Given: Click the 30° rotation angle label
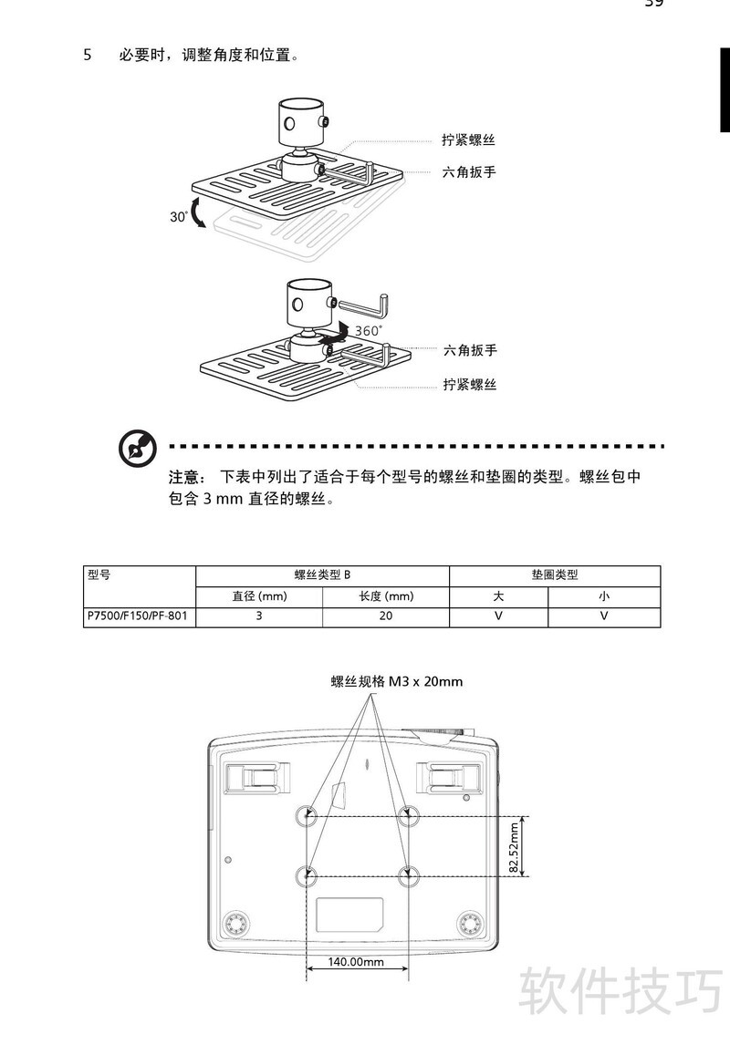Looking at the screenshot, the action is pos(178,217).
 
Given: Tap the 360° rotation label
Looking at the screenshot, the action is pos(369,331).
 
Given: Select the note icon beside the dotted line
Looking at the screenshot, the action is pos(138,448).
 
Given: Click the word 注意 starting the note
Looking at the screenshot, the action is pos(184,477).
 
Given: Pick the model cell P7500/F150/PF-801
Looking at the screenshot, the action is pos(138,616).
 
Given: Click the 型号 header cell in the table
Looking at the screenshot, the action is pos(99,574).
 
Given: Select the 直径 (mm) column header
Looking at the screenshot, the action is pos(259,596).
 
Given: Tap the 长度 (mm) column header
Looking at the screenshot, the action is pos(386,596).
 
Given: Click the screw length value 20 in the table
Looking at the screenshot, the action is pos(386,616).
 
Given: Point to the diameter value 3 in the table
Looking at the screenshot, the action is pos(259,616).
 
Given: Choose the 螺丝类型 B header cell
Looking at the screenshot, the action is pos(323,575).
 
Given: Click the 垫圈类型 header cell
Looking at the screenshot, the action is pos(555,575).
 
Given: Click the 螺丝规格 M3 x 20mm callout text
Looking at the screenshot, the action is pos(397,682).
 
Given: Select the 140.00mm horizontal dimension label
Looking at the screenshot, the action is pos(356,962).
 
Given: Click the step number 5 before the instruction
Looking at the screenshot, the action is pos(88,56).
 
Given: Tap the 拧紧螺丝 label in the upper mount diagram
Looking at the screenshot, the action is pos(468,140).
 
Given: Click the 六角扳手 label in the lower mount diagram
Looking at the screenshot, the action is pos(470,350).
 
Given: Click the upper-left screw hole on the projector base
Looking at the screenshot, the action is pos(306,816).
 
